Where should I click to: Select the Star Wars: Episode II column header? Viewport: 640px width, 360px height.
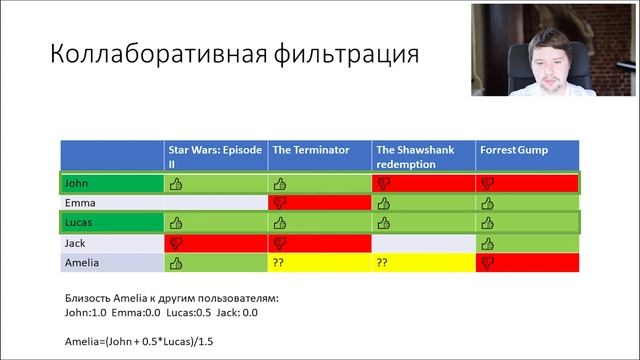[214, 155]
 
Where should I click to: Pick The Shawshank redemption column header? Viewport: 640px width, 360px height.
[415, 155]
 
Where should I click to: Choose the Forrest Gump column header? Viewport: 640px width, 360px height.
[513, 150]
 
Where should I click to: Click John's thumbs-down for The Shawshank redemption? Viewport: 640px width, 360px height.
[383, 184]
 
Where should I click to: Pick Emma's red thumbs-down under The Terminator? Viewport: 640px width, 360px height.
[280, 204]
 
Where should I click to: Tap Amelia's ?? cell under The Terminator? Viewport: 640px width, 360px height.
[280, 262]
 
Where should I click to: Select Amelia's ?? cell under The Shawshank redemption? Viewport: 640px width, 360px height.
[383, 262]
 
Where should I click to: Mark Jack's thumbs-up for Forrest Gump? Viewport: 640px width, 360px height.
[487, 243]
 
